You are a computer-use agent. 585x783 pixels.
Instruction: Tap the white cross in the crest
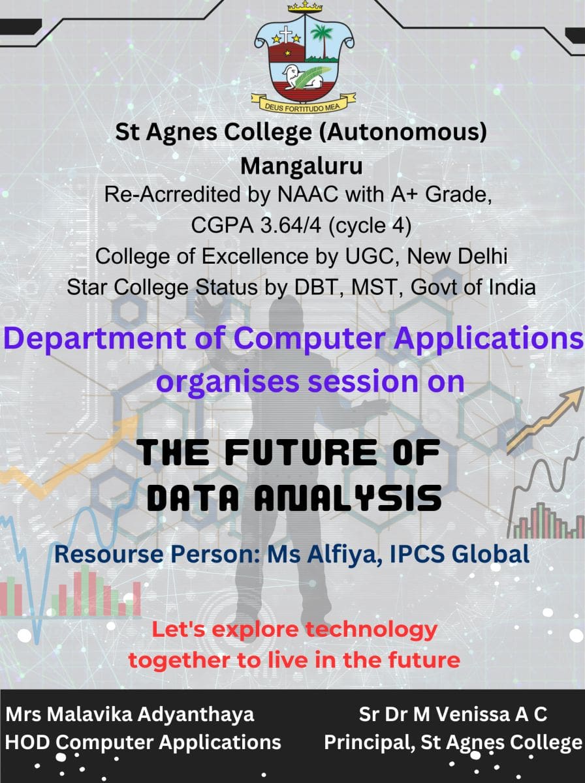click(285, 35)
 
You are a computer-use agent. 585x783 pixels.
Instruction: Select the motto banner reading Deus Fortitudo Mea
click(304, 103)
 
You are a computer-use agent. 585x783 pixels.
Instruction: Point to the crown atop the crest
click(305, 7)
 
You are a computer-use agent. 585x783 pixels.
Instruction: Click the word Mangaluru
click(302, 166)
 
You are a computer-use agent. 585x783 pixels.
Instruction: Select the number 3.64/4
click(291, 226)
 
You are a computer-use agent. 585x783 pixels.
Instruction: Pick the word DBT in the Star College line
click(316, 287)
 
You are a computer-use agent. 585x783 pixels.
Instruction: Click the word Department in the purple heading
click(94, 339)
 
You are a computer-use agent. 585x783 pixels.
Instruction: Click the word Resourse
click(108, 555)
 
